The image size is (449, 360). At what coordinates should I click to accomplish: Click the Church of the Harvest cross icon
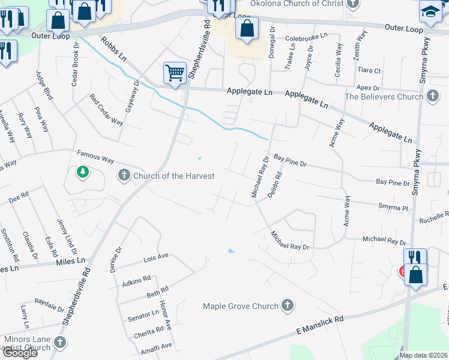point(124,176)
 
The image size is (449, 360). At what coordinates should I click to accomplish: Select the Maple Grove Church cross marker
point(288,305)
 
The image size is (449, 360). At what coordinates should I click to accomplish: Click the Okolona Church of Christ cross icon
point(354,3)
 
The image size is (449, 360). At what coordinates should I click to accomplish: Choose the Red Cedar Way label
point(106,109)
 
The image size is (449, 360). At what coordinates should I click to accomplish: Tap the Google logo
point(20,353)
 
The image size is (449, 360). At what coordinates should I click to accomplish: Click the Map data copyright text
point(423,355)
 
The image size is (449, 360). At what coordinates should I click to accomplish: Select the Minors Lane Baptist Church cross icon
point(59,342)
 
